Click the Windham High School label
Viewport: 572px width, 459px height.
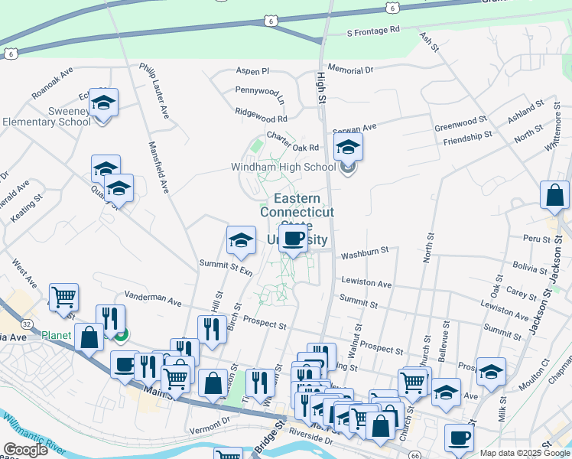click(284, 167)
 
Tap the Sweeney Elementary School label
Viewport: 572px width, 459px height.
click(46, 116)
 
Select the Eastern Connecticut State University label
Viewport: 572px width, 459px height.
click(299, 219)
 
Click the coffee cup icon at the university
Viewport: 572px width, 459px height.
click(292, 239)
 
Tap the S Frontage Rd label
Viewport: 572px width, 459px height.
click(373, 31)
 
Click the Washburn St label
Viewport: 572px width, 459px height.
click(366, 250)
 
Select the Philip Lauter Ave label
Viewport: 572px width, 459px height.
click(154, 90)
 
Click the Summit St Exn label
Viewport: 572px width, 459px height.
click(226, 268)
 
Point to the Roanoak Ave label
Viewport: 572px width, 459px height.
click(52, 83)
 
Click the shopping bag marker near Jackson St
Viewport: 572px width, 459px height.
click(554, 196)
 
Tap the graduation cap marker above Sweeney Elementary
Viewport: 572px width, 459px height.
click(103, 102)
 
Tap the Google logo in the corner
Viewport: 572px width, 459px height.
click(25, 450)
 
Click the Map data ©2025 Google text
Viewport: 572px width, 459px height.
click(525, 453)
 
